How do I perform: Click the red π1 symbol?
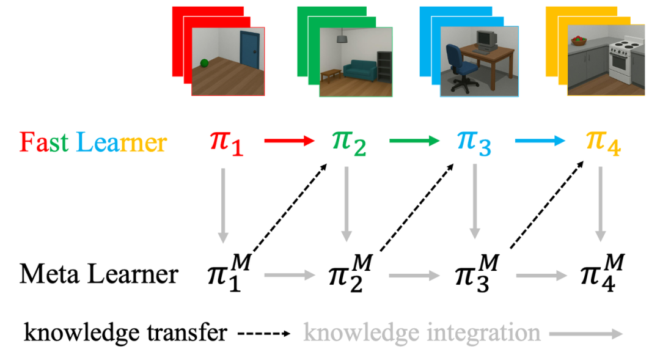pos(227,143)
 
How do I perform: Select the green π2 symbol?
pos(349,143)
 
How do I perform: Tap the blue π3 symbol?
pos(474,143)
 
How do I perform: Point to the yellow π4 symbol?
pos(603,143)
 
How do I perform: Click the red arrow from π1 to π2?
pos(289,141)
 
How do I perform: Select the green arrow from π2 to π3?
pos(414,141)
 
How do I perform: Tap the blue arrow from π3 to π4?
pos(540,141)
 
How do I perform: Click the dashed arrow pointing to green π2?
pos(290,207)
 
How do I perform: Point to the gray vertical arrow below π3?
pos(475,201)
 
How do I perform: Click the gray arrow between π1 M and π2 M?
pos(290,276)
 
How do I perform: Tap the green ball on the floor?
pos(204,63)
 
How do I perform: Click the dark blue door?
pos(249,50)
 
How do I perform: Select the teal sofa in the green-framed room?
pos(360,71)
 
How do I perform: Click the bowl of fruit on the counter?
pos(579,40)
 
